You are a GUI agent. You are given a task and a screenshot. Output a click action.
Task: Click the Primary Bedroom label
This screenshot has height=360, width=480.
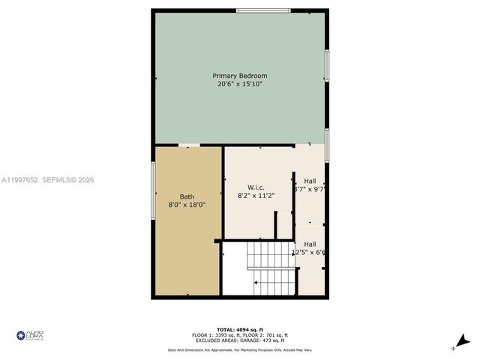pyautogui.click(x=240, y=76)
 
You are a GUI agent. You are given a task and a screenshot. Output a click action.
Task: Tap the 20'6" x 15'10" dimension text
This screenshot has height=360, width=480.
pyautogui.click(x=240, y=84)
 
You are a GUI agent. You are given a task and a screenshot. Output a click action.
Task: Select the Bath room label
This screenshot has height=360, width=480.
pyautogui.click(x=187, y=196)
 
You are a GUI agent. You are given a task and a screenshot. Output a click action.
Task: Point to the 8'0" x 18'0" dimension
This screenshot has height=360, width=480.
pyautogui.click(x=187, y=205)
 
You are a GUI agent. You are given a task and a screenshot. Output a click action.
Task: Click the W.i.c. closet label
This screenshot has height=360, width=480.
pyautogui.click(x=257, y=187)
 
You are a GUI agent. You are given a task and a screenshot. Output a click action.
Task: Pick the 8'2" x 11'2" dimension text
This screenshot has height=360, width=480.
pyautogui.click(x=257, y=195)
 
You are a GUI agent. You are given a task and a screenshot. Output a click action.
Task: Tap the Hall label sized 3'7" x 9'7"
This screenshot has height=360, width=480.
pyautogui.click(x=310, y=181)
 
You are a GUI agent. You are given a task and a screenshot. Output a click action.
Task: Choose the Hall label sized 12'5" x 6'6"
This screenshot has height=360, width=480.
pyautogui.click(x=310, y=244)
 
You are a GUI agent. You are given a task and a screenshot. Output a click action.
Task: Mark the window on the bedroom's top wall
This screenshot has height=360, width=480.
pyautogui.click(x=263, y=10)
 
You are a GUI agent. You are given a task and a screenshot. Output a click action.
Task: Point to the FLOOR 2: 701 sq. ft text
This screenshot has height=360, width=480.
pyautogui.click(x=271, y=335)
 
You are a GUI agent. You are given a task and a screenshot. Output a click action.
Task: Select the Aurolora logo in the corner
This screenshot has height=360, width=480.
pyautogui.click(x=31, y=335)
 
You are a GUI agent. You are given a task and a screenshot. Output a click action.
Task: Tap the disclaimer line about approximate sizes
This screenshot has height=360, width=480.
pyautogui.click(x=240, y=349)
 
